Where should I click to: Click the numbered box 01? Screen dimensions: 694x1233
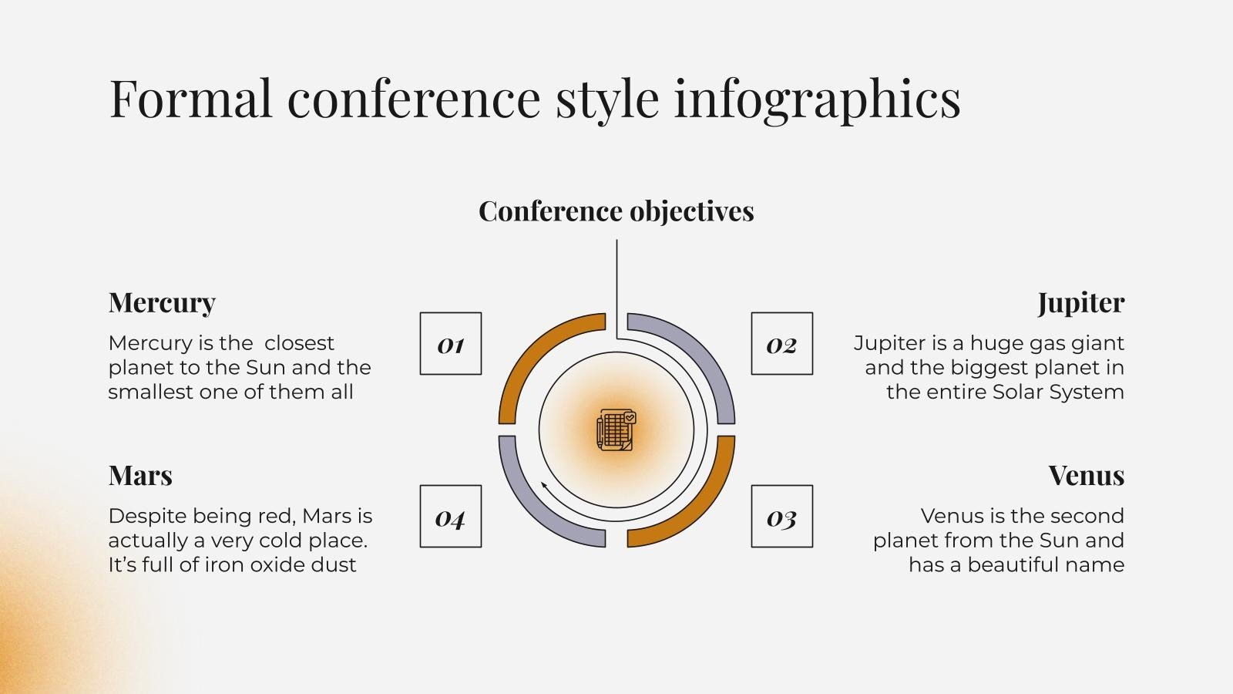[451, 344]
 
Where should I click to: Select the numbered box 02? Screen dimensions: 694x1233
[781, 344]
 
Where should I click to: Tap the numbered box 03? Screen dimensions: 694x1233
[781, 517]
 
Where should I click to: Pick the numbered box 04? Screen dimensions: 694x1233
[451, 517]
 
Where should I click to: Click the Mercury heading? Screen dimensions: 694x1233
[162, 302]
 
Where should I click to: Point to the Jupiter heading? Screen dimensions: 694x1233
[1080, 302]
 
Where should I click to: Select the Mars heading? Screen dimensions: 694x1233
[140, 475]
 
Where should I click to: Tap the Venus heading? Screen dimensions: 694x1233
[1086, 475]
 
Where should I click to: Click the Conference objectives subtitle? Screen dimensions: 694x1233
[616, 211]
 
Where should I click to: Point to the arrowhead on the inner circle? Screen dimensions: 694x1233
[545, 486]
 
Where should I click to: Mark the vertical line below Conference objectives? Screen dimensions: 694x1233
[616, 285]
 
